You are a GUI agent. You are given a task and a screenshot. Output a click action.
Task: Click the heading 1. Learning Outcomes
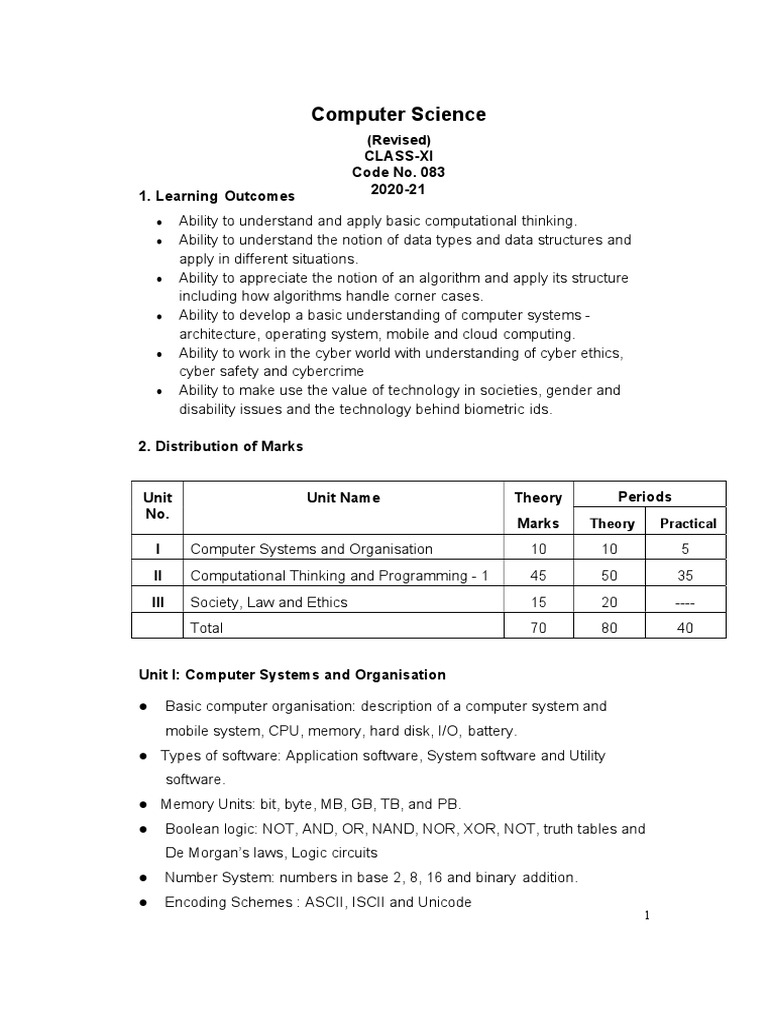click(x=216, y=195)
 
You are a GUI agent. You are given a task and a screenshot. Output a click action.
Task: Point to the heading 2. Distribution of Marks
click(x=220, y=446)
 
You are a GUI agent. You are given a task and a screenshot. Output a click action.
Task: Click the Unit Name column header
click(x=343, y=498)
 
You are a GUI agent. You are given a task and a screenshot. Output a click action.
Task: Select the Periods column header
click(x=645, y=497)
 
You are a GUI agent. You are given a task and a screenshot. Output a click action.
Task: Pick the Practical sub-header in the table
click(x=688, y=523)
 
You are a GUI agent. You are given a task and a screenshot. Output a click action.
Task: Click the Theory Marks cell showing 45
click(x=538, y=575)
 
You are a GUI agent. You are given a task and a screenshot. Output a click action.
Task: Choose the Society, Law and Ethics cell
click(x=269, y=602)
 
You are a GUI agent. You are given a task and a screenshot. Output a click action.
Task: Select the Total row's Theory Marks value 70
click(x=538, y=628)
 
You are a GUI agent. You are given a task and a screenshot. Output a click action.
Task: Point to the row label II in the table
click(x=157, y=575)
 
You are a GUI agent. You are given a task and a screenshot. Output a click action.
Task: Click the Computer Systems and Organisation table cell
click(x=311, y=549)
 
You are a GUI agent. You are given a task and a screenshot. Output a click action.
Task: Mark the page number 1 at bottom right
click(x=648, y=917)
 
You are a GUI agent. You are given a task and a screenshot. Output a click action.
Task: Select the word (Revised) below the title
click(x=398, y=140)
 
